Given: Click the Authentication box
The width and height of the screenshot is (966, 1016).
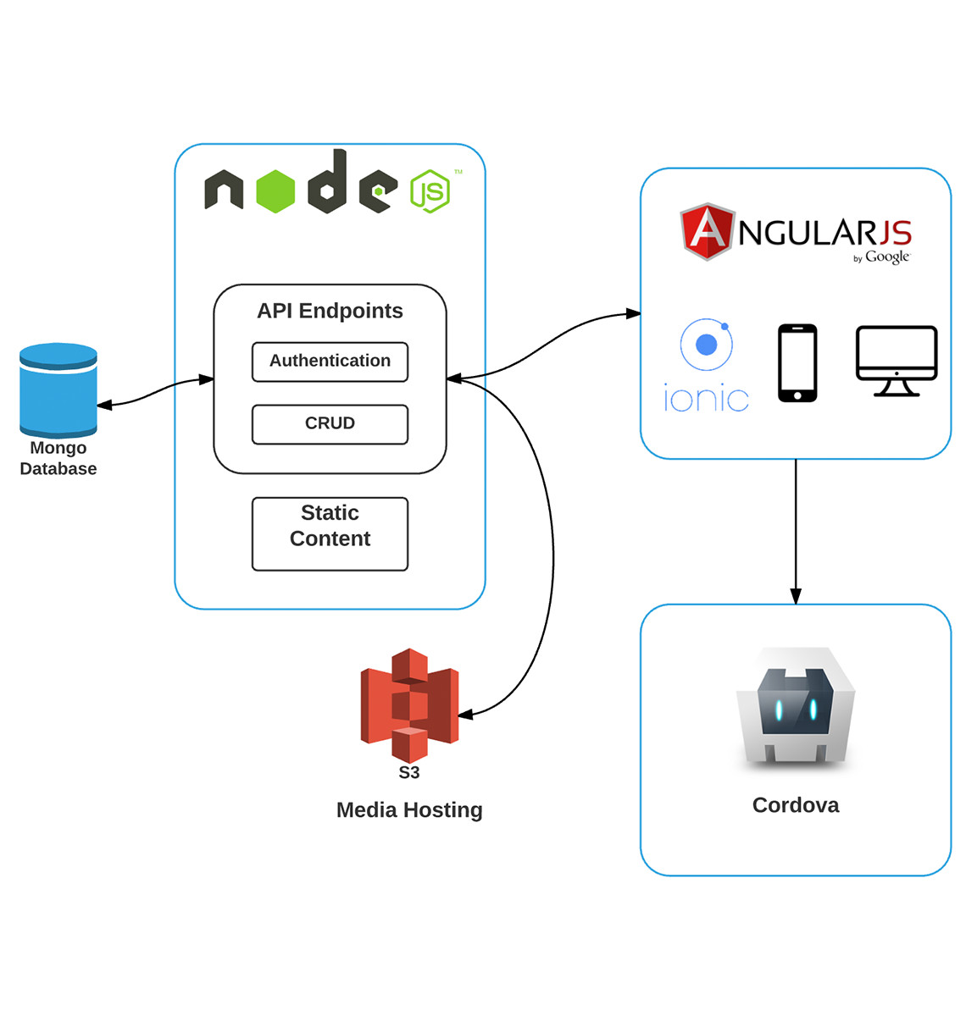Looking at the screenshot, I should (330, 362).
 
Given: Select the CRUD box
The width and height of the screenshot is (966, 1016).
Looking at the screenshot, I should (330, 423).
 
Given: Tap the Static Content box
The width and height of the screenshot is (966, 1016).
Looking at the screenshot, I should (330, 533).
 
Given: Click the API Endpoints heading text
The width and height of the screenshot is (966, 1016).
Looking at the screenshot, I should (330, 311).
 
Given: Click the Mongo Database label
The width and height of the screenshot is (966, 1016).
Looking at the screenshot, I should (58, 458).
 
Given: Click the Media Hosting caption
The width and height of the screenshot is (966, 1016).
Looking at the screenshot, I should (409, 810).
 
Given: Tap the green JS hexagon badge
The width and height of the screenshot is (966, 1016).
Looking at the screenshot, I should (430, 191).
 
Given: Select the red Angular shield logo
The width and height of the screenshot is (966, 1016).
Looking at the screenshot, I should (708, 230).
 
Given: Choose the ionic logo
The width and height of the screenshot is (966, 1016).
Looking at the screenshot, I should (706, 366).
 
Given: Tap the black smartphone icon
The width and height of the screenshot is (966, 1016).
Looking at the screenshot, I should (797, 362).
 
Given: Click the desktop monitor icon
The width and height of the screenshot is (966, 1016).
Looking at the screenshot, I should (897, 361).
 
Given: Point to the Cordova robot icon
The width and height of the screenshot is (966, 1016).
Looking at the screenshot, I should (796, 707).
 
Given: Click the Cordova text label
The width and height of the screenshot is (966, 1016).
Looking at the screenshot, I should (796, 805).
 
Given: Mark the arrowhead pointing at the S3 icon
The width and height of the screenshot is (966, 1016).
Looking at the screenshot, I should (466, 715).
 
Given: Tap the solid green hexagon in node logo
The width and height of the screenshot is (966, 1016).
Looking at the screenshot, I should (275, 190).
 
